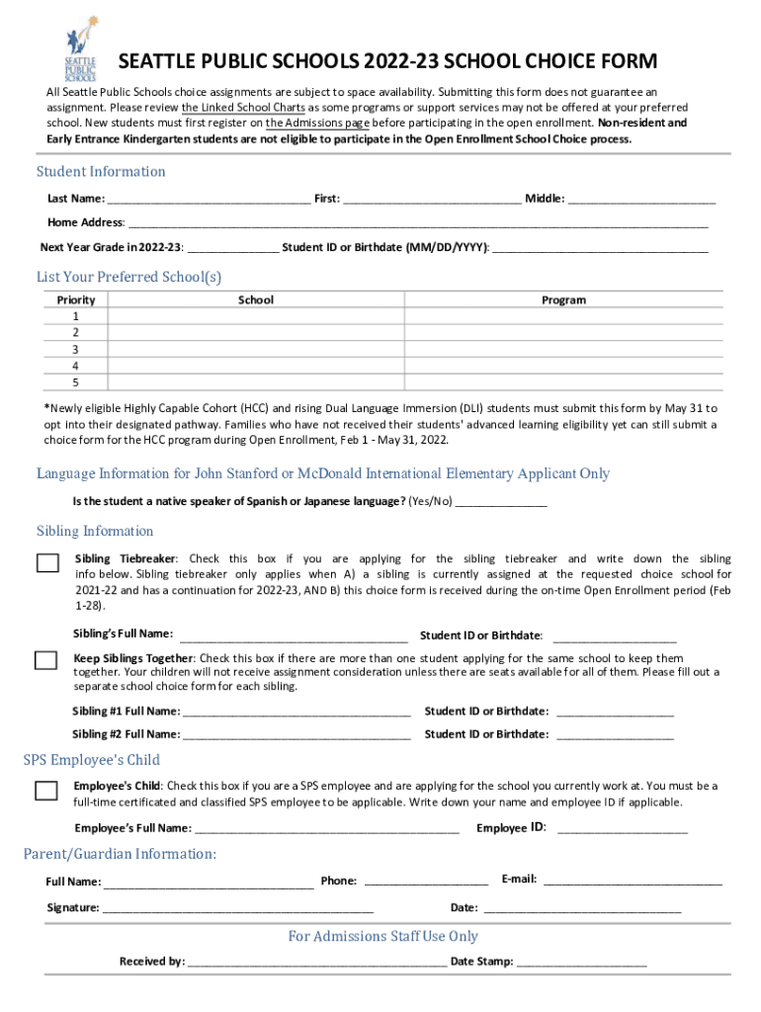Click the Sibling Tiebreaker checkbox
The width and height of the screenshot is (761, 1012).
pos(47,563)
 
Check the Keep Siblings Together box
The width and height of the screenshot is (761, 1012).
pos(45,660)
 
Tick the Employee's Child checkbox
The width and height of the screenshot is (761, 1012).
pos(45,790)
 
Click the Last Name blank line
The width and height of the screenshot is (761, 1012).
pos(210,201)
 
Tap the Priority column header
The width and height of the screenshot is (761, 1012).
pos(76,299)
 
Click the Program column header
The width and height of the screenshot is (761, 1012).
pos(563,299)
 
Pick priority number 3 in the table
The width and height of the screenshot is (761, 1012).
pos(76,349)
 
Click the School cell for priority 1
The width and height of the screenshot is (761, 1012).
pos(257,316)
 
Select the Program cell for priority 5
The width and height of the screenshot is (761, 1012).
pos(563,382)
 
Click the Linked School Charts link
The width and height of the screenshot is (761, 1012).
pos(241,108)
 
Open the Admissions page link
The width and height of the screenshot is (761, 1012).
pos(317,124)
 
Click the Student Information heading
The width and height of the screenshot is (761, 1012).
pos(101,172)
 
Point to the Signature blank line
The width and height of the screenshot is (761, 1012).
pos(237,908)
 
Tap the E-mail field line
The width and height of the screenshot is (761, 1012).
pos(633,881)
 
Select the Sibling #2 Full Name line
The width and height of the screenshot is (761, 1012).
pos(296,735)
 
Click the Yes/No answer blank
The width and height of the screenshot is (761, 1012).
pos(500,503)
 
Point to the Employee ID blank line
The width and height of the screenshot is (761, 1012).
pos(622,829)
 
